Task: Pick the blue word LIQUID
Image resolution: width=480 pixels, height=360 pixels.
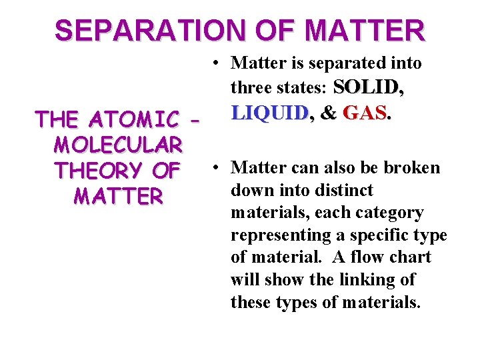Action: click(269, 113)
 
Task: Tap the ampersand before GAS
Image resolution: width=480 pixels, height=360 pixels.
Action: click(328, 113)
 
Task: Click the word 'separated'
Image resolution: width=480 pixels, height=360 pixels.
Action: click(347, 63)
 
